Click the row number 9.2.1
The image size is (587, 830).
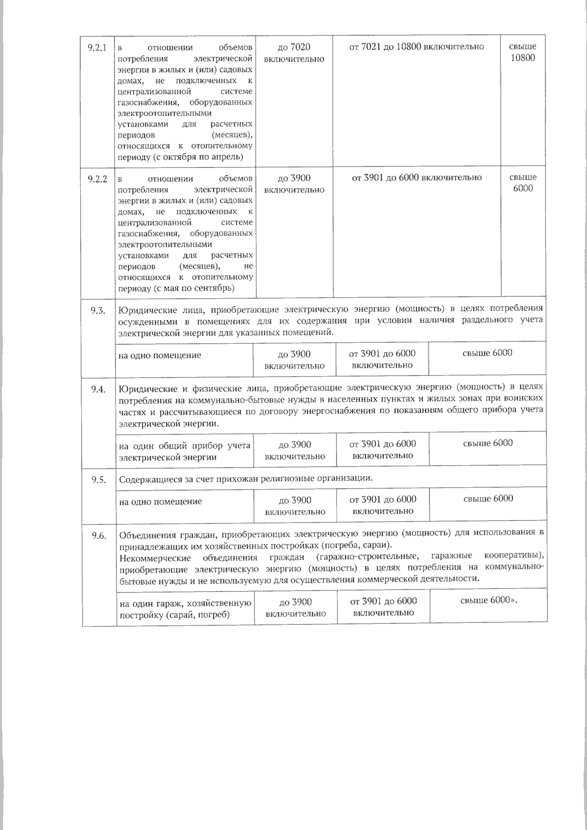pyautogui.click(x=98, y=48)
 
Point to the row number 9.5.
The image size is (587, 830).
pyautogui.click(x=99, y=480)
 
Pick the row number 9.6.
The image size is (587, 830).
pyautogui.click(x=99, y=536)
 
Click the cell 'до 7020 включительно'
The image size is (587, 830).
pyautogui.click(x=294, y=53)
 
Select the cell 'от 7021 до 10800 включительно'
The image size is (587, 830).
pyautogui.click(x=416, y=47)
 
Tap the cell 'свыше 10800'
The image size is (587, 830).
pyautogui.click(x=522, y=52)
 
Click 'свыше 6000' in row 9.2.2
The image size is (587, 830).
pyautogui.click(x=523, y=183)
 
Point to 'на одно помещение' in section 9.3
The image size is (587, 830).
pyautogui.click(x=159, y=355)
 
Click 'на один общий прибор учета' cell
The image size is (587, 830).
pyautogui.click(x=185, y=451)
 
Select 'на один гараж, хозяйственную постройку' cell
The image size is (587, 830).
pyautogui.click(x=185, y=609)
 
